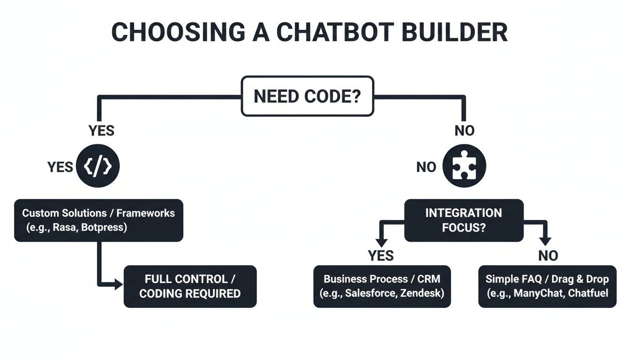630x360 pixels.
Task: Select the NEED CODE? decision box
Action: (307, 96)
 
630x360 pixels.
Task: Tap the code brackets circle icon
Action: (101, 166)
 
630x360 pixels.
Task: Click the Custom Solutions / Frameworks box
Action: (98, 220)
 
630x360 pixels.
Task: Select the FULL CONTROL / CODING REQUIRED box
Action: (190, 286)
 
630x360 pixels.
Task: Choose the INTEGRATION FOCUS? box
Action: (464, 220)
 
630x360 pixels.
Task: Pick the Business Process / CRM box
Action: (382, 286)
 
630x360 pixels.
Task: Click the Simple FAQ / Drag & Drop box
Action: (547, 286)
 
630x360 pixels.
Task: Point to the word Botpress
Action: (107, 228)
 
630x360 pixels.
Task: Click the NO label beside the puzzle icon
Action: (426, 167)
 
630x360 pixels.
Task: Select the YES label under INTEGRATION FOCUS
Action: (381, 255)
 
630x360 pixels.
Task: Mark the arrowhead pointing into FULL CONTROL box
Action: (118, 284)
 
